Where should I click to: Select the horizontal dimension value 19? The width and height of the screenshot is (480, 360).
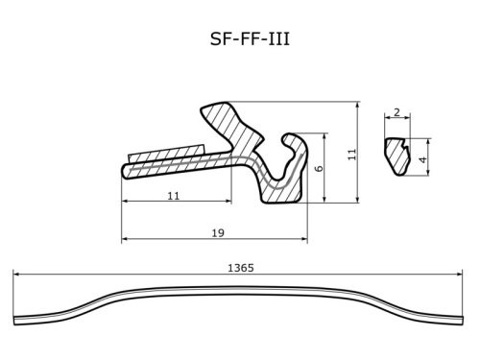coord(217,232)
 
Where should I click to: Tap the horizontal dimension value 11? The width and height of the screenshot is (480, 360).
coord(174,195)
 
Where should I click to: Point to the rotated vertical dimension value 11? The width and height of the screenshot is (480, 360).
coord(351,153)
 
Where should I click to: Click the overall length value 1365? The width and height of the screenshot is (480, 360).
coord(241,268)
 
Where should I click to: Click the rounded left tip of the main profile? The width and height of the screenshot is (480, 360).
coord(127,172)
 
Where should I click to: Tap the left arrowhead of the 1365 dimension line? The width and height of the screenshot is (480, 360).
coord(16,276)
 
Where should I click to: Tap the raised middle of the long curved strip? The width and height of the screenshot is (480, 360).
coord(240,290)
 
